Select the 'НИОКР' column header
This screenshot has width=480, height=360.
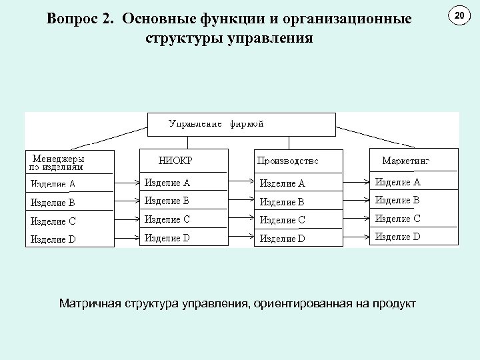click(176, 161)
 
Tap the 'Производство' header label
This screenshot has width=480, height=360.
click(288, 161)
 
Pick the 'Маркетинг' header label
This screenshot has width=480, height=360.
click(406, 161)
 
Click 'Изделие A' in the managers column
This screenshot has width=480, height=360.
click(53, 184)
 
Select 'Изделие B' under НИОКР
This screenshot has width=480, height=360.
click(167, 200)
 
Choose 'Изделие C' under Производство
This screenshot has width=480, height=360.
click(283, 220)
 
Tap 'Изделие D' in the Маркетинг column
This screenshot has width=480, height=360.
click(398, 236)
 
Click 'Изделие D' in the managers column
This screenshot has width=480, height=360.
click(53, 239)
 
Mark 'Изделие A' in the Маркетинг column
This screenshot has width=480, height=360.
click(398, 182)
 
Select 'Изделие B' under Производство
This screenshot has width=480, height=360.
click(283, 202)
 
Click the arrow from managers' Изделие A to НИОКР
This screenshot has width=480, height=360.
click(126, 181)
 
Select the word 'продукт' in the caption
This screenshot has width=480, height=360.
click(393, 304)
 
